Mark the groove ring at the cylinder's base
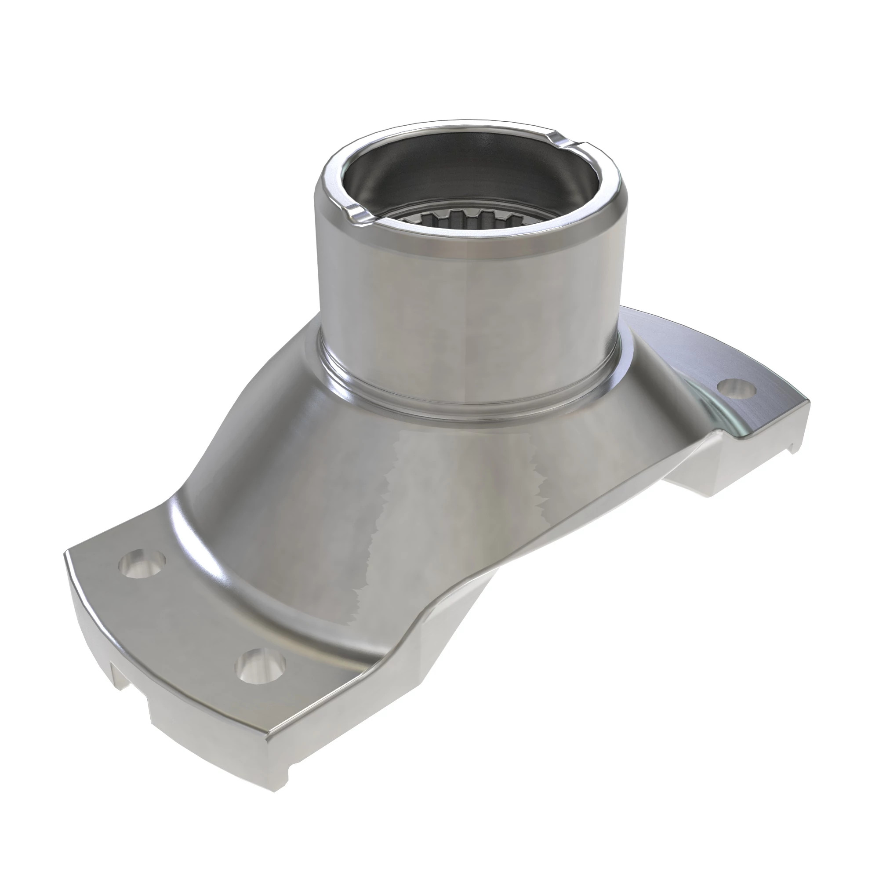(469, 400)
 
